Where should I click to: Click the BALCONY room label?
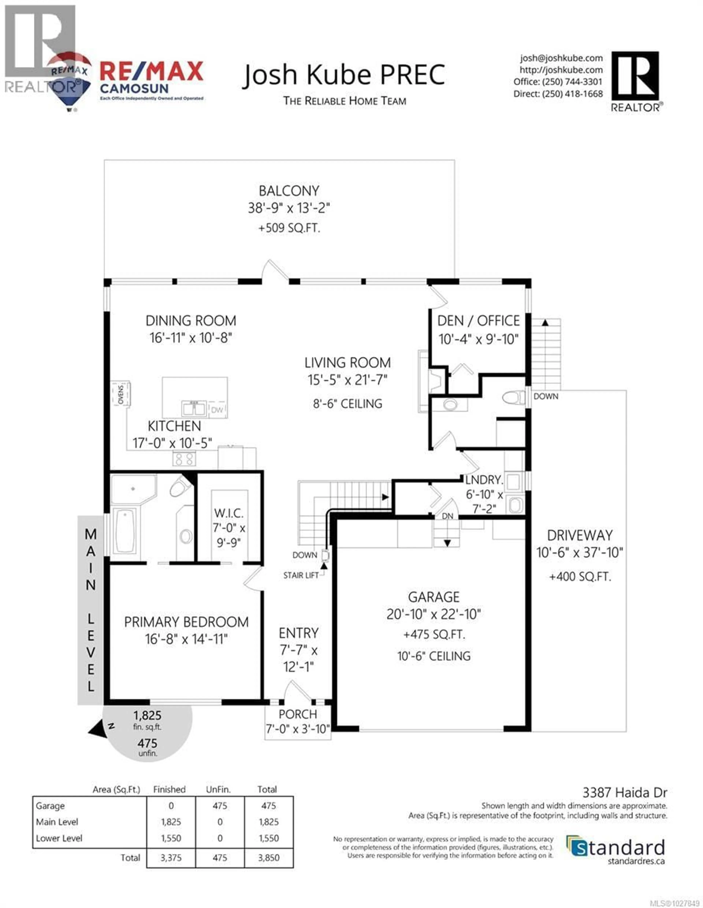[x=289, y=191]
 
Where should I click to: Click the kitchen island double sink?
[x=194, y=408]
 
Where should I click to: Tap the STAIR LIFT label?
[x=300, y=575]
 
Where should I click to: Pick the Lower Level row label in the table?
[x=59, y=838]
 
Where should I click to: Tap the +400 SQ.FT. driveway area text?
[x=580, y=577]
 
